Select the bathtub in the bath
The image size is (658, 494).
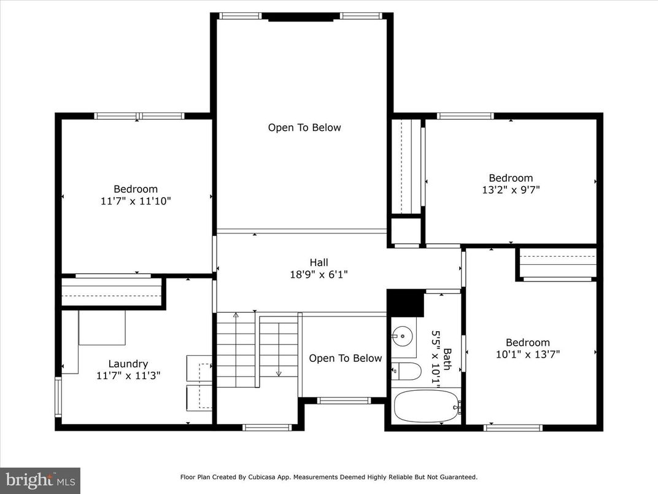click(426, 406)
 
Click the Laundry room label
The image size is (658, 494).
click(128, 364)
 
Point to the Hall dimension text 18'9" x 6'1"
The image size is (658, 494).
click(319, 275)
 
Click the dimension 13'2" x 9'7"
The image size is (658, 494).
click(511, 190)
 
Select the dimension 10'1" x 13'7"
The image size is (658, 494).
click(527, 354)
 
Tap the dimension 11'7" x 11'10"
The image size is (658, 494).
click(135, 201)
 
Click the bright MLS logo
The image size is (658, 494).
click(40, 480)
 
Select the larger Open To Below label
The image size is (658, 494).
click(304, 128)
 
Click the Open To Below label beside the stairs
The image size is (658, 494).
click(345, 358)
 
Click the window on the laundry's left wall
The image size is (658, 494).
click(58, 397)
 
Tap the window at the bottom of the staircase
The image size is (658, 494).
click(267, 427)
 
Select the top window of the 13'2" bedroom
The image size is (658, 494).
click(465, 116)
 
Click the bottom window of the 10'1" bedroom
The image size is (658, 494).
click(513, 427)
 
